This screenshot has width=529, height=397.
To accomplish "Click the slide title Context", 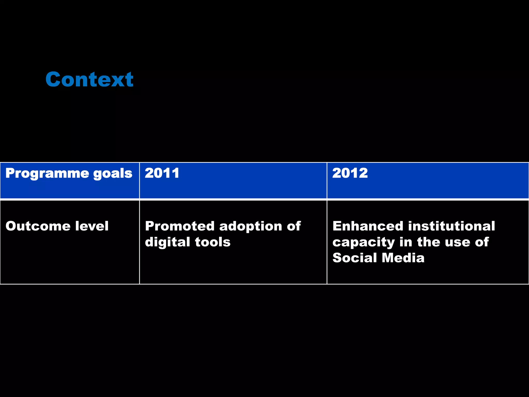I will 89,79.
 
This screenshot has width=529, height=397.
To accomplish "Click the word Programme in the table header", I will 47,174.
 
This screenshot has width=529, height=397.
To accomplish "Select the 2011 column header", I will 162,173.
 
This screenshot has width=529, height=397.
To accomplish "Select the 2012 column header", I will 350,173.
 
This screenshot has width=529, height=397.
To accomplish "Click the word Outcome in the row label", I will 38,226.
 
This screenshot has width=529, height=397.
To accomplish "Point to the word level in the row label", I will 92,226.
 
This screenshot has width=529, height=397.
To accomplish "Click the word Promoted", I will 180,226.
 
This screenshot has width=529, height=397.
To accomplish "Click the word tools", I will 213,242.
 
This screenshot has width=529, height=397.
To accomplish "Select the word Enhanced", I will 368,226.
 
